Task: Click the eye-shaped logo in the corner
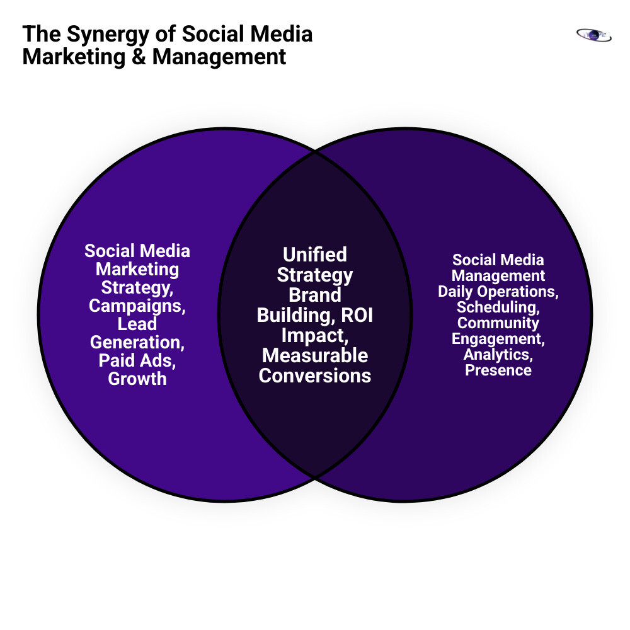[x=593, y=35]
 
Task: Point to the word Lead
[x=137, y=324]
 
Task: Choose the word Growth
[x=137, y=379]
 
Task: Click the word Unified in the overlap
[x=314, y=255]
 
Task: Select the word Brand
[x=314, y=295]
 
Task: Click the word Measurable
[x=314, y=355]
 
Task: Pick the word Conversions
[x=314, y=375]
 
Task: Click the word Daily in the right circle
[x=457, y=292]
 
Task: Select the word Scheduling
[x=497, y=307]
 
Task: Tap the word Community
[x=498, y=323]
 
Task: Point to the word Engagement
[x=497, y=339]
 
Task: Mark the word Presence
[x=498, y=370]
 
